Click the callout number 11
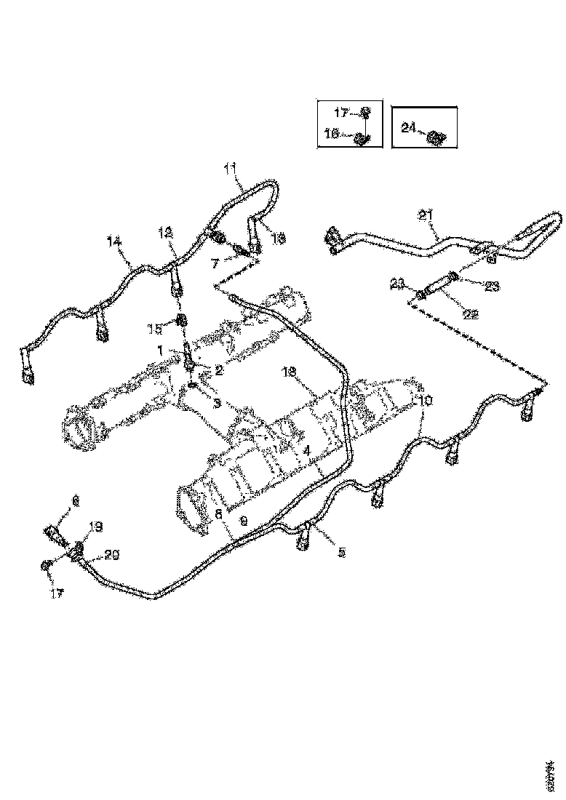pyautogui.click(x=231, y=169)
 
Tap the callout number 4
pyautogui.click(x=308, y=451)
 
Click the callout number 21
pyautogui.click(x=426, y=215)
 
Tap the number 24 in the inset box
pyautogui.click(x=409, y=128)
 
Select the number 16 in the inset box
pyautogui.click(x=331, y=133)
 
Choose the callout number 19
pyautogui.click(x=95, y=527)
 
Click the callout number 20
pyautogui.click(x=112, y=555)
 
